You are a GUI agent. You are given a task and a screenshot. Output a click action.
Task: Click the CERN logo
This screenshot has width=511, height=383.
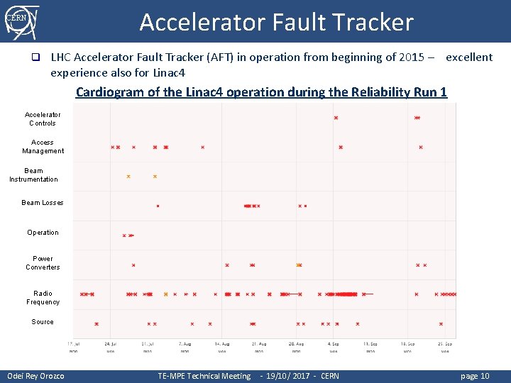tap(21, 21)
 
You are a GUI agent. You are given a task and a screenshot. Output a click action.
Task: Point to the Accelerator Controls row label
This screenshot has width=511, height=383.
tap(43, 118)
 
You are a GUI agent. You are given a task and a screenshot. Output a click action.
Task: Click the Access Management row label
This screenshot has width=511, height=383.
tap(43, 147)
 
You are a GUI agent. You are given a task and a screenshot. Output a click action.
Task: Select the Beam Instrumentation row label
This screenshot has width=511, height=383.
tap(33, 175)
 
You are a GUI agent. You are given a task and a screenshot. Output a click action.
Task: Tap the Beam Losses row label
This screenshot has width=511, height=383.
tap(43, 203)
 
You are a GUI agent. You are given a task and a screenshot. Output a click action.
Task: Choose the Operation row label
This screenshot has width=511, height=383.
tap(43, 233)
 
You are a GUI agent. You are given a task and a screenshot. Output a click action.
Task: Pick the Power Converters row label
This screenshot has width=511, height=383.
tap(43, 263)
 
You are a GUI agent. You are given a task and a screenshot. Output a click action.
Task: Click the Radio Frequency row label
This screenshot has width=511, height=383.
tap(43, 298)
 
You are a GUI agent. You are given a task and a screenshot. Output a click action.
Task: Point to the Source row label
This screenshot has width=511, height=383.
tap(43, 322)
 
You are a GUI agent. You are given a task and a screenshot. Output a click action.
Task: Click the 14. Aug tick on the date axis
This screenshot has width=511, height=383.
tap(222, 344)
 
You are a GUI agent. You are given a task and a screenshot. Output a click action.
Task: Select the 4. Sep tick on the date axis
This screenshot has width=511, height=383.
tap(333, 344)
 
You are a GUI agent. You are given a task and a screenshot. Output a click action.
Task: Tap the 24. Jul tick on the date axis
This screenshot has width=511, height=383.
tap(111, 344)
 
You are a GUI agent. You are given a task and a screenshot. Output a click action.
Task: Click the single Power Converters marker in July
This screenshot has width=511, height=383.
tap(133, 265)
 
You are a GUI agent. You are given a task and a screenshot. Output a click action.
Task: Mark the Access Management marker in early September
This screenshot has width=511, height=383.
tap(341, 148)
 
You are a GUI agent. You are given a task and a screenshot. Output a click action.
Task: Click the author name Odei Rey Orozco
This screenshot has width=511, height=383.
tap(35, 376)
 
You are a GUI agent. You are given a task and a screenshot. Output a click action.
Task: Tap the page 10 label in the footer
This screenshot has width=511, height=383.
tap(475, 376)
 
